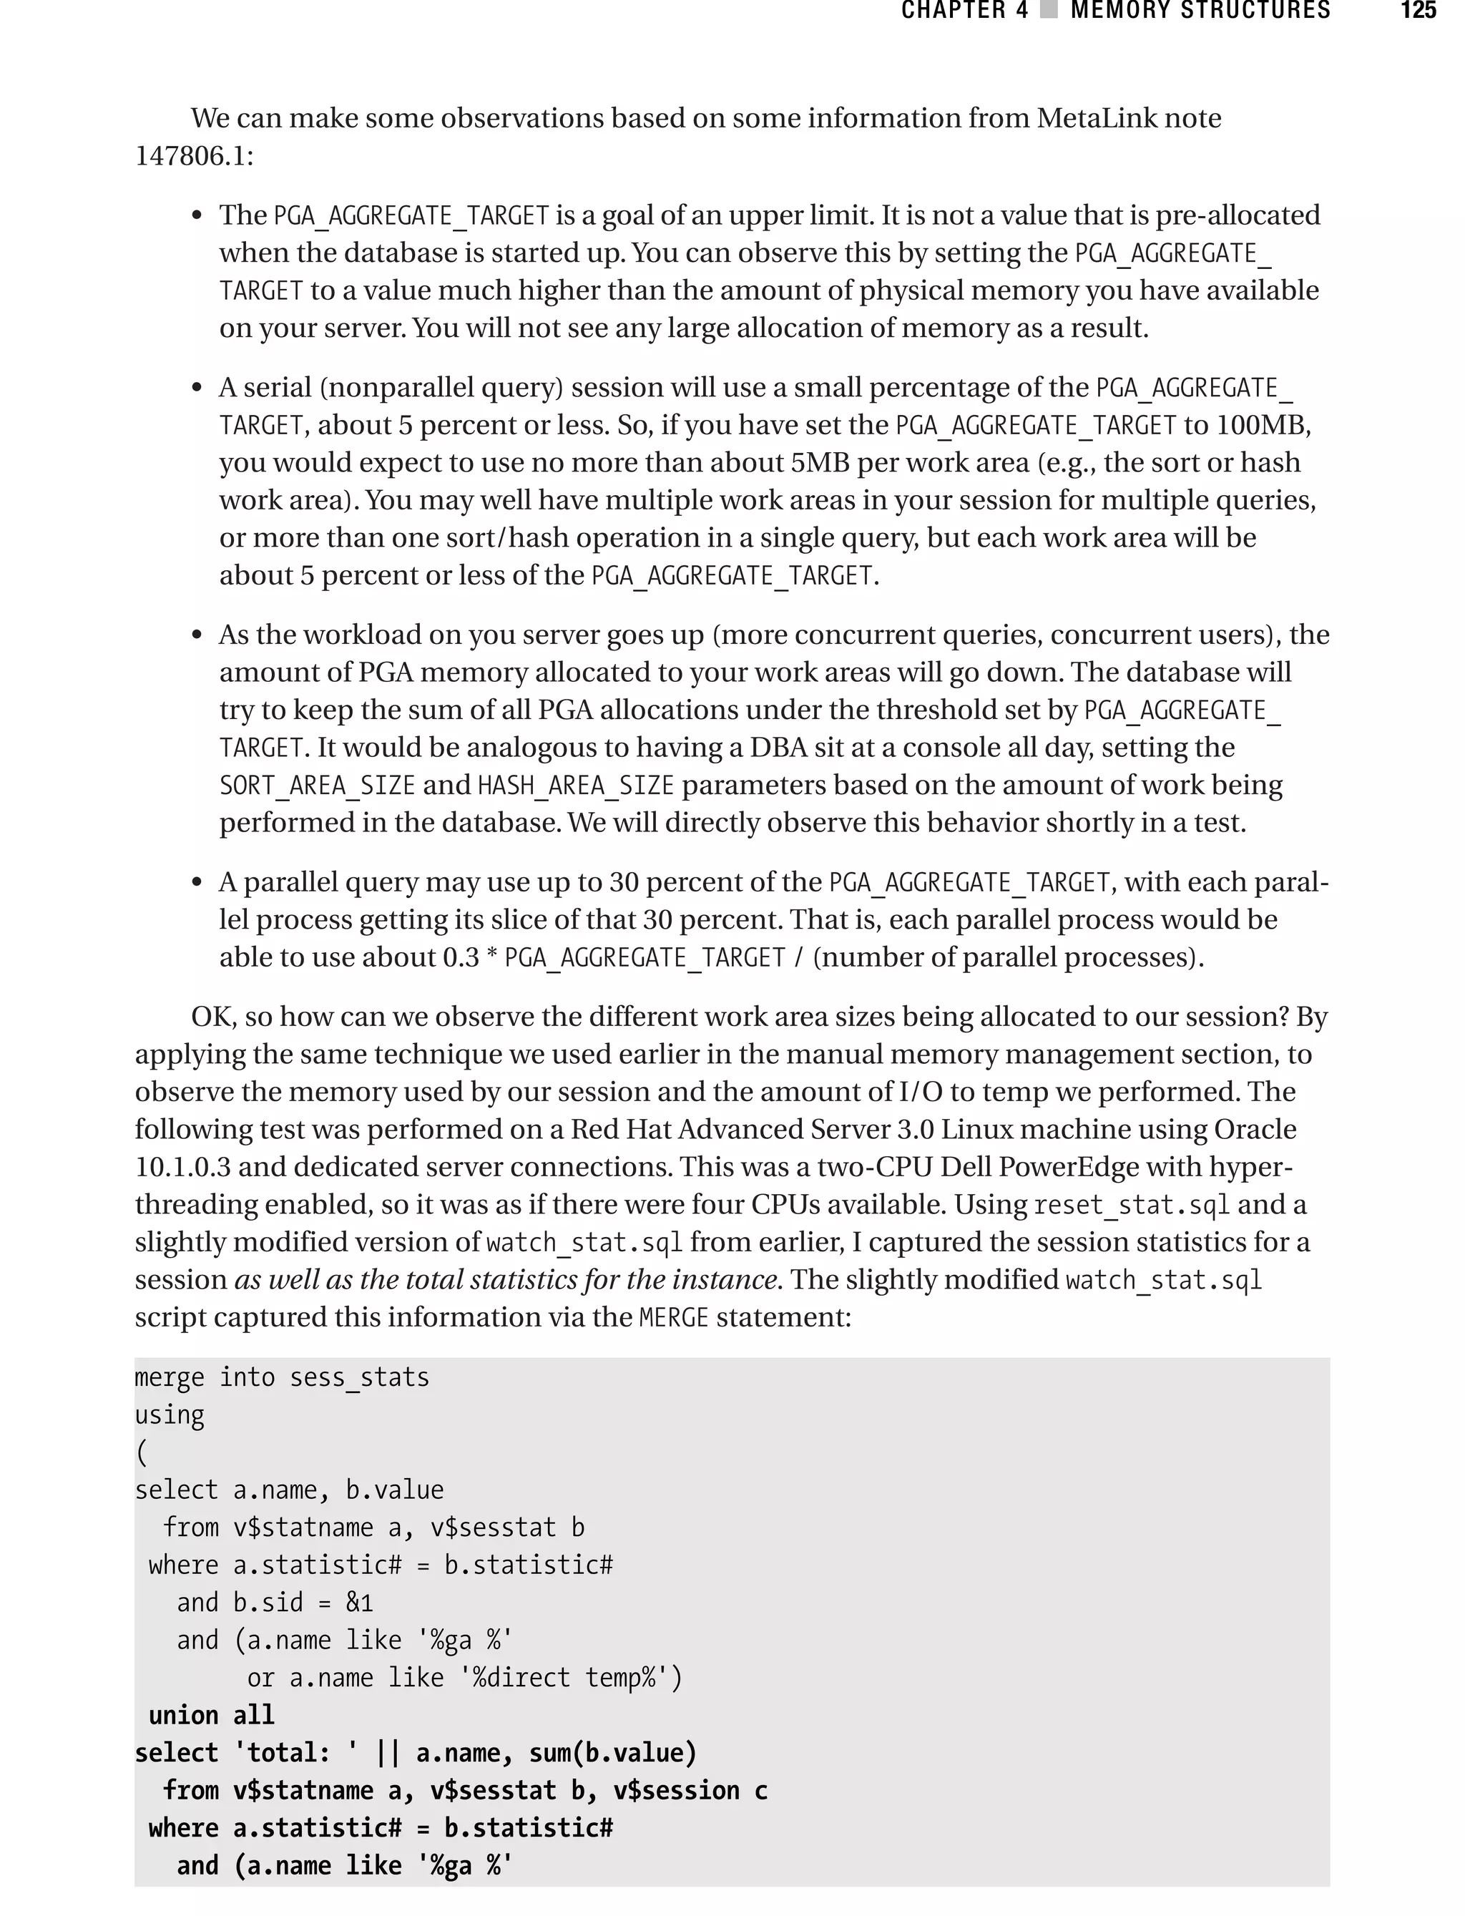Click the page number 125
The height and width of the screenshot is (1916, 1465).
1418,11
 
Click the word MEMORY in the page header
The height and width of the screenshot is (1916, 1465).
1119,11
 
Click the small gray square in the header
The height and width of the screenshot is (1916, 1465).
1049,11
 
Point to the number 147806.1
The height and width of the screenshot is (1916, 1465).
191,156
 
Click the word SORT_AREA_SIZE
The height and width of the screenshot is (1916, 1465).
318,785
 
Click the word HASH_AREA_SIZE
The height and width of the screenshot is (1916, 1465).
576,785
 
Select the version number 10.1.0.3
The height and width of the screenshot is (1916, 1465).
182,1166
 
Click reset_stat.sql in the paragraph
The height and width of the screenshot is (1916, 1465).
1131,1204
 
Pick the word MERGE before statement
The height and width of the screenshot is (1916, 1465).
673,1317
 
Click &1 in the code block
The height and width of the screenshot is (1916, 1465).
359,1602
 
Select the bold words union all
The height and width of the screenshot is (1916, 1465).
212,1714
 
